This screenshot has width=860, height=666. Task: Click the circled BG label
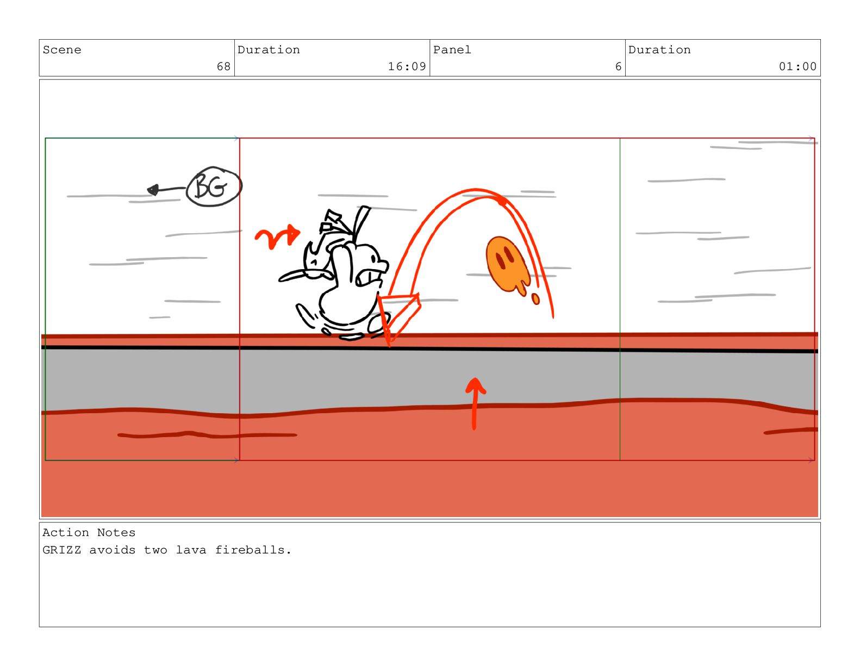tap(214, 186)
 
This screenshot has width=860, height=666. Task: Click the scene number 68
tap(223, 66)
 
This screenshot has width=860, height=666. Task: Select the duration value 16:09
tap(407, 66)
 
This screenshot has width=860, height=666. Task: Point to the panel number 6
tap(618, 66)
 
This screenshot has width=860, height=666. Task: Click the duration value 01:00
tap(797, 66)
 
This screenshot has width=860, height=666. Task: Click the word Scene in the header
tap(62, 50)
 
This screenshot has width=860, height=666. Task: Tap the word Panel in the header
tap(452, 50)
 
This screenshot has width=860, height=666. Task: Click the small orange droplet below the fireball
tap(535, 299)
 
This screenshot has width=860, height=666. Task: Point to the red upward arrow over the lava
tap(475, 403)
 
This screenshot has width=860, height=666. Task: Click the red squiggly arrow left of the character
tap(277, 236)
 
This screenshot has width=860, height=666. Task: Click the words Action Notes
tap(89, 533)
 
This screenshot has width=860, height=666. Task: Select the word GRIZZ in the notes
tap(62, 550)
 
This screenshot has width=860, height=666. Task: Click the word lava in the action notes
tap(191, 550)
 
